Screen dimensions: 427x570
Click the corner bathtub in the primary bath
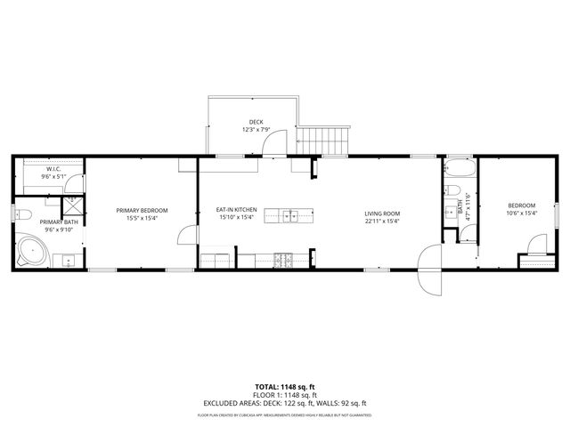[x=32, y=253]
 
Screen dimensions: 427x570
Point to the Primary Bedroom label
[x=142, y=210]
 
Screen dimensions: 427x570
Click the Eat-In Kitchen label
[x=235, y=210]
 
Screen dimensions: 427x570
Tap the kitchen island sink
[x=289, y=215]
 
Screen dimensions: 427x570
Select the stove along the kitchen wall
[x=284, y=261]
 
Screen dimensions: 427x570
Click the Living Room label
[x=381, y=213]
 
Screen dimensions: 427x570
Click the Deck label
[x=256, y=122]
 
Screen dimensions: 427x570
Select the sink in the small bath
[x=449, y=213]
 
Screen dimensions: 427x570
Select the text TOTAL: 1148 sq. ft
[x=285, y=387]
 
